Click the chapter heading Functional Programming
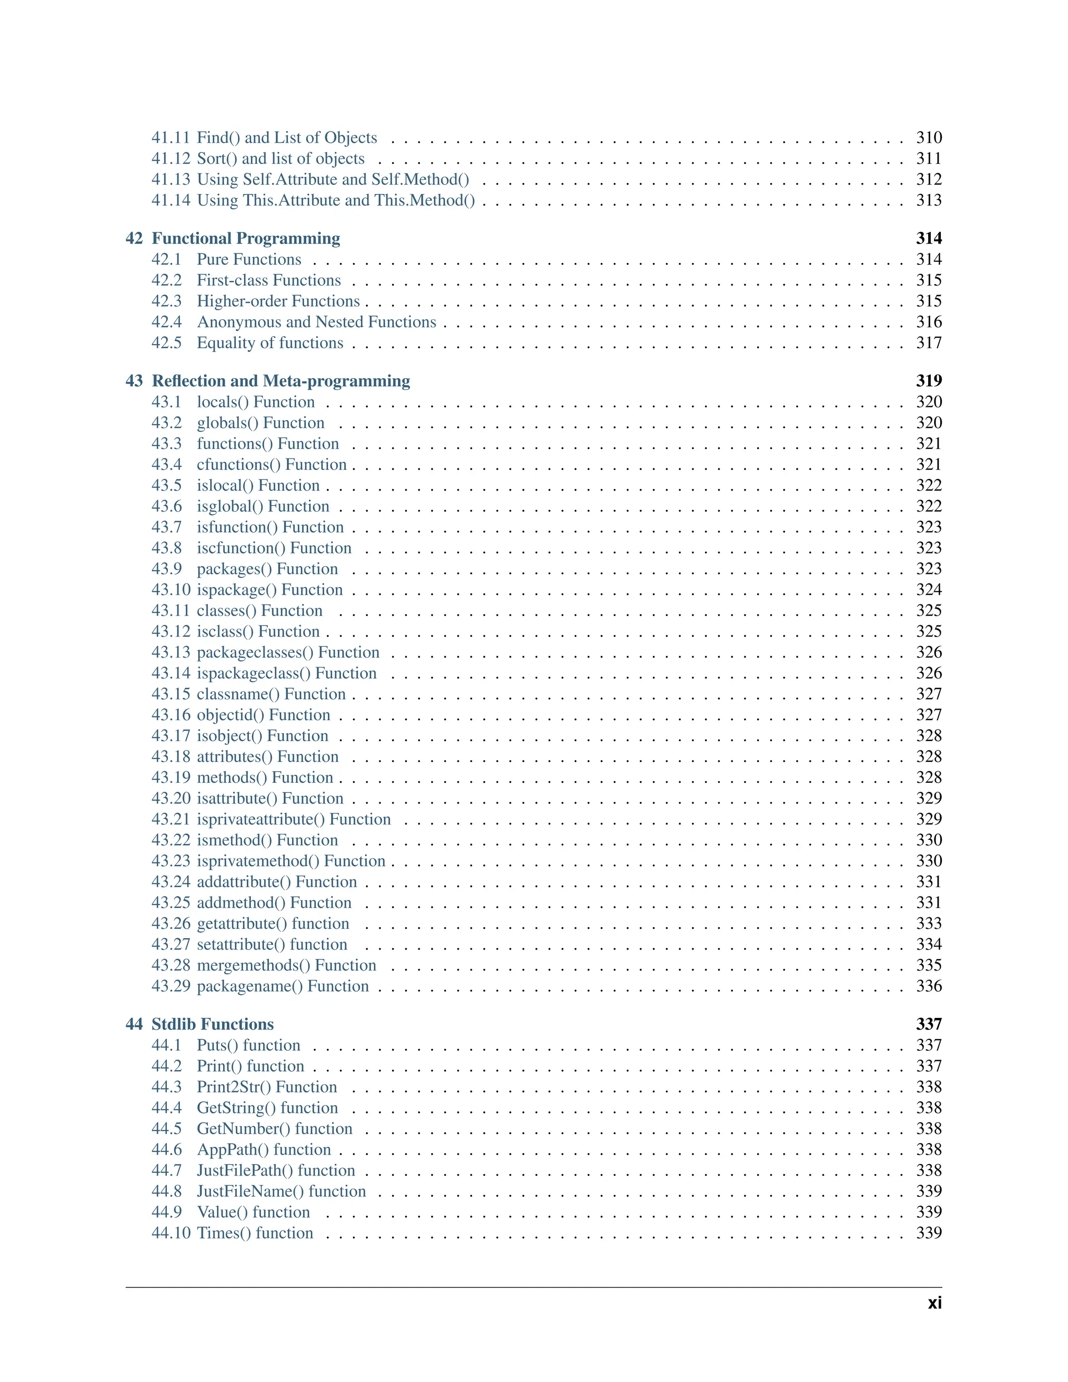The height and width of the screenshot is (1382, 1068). pos(246,238)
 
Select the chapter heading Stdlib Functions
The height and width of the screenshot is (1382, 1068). pos(213,1024)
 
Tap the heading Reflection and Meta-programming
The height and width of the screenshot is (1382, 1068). pos(281,381)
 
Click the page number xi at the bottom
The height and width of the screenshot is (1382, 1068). pos(934,1304)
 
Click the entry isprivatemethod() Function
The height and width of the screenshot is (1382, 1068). pos(291,861)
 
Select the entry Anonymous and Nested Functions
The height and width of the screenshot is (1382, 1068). pos(317,322)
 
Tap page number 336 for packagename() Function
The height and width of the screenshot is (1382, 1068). pos(928,987)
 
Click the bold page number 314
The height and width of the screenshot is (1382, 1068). pos(928,238)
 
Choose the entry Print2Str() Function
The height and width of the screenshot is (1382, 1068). pos(267,1087)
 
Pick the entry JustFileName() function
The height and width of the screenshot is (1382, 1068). pos(282,1192)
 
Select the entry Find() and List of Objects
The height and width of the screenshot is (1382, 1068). pos(287,138)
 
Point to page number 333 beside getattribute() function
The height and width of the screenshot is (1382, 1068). pos(928,924)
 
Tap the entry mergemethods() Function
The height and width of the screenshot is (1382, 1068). pos(287,966)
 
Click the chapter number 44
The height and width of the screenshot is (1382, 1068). pos(134,1024)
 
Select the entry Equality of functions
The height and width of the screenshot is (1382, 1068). pos(270,343)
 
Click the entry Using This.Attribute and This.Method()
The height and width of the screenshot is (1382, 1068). pos(336,201)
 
